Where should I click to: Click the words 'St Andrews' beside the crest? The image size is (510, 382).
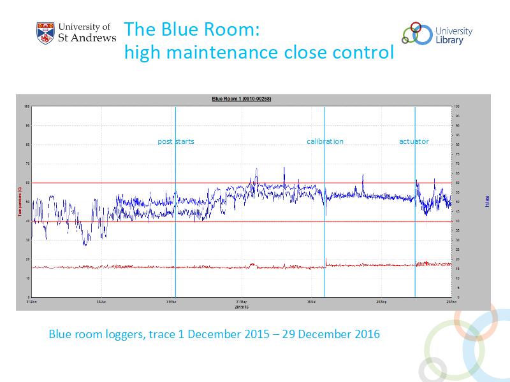pos(87,38)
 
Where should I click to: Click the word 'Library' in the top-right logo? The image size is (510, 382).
pos(449,40)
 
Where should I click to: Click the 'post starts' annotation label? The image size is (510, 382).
pos(176,141)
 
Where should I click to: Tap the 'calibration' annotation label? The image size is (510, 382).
pos(324,141)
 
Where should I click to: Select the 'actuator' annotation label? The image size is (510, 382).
pos(414,141)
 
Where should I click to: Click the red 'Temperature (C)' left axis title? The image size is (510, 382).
pos(21,202)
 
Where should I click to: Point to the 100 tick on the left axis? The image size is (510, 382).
pos(27,106)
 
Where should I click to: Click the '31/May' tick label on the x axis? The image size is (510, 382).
pos(240,302)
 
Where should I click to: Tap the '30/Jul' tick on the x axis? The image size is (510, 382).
pos(311,302)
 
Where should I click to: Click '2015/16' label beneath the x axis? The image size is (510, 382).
pos(240,306)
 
